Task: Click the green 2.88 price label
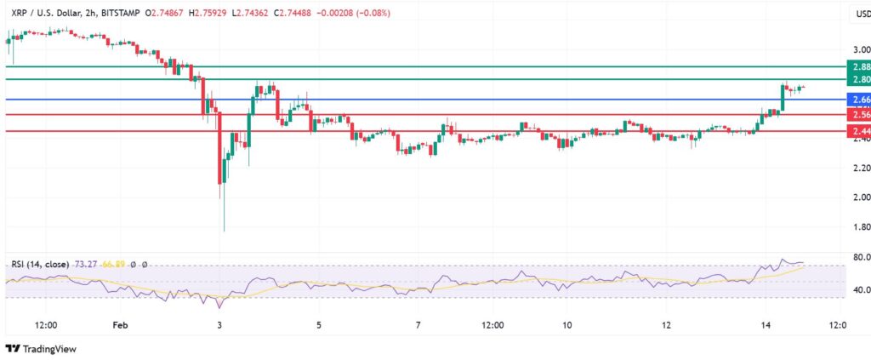click(860, 66)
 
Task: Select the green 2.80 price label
click(860, 79)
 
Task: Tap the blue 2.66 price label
click(860, 100)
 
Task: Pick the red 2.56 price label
click(860, 115)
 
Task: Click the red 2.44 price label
click(860, 131)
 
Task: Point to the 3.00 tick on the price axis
click(860, 50)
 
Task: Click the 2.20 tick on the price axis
click(860, 169)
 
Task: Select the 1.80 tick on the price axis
click(860, 227)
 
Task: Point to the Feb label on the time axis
click(120, 325)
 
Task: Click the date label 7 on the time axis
click(418, 325)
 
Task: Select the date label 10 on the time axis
click(566, 325)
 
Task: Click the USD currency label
click(860, 13)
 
